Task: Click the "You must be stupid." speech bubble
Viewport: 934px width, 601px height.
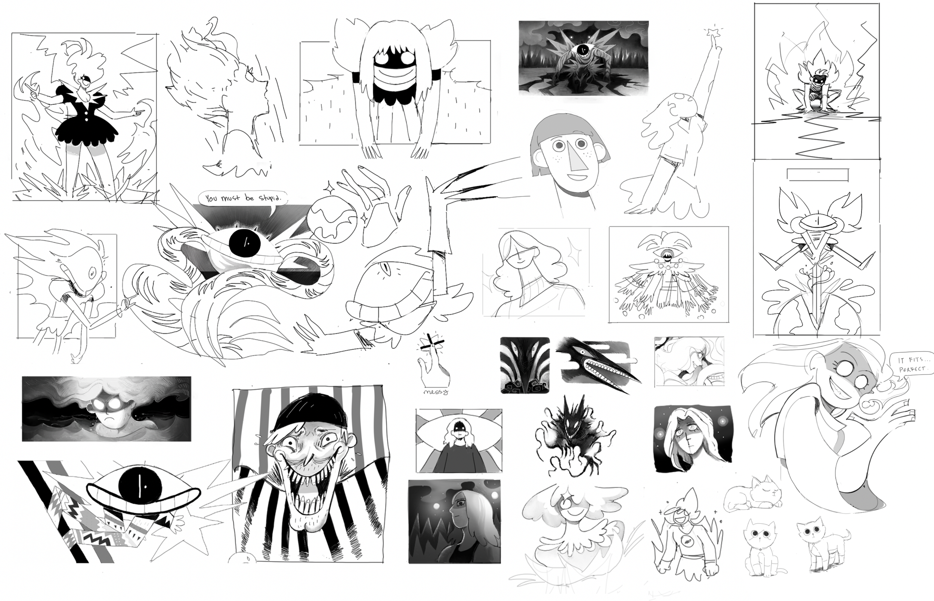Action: (242, 198)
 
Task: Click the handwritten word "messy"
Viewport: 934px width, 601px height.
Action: (436, 391)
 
